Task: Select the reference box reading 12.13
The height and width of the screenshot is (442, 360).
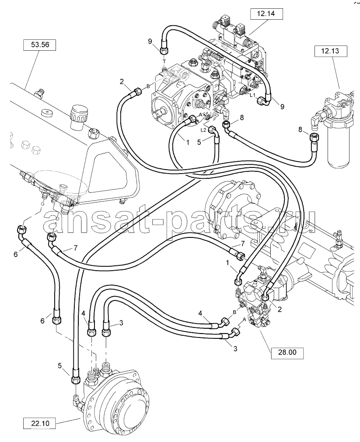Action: tap(330, 51)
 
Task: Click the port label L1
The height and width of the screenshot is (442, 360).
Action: tap(252, 95)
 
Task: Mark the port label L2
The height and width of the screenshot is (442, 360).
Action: tap(203, 130)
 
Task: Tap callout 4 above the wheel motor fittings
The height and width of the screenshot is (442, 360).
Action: tap(84, 313)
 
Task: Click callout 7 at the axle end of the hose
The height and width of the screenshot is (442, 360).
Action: tap(243, 243)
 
